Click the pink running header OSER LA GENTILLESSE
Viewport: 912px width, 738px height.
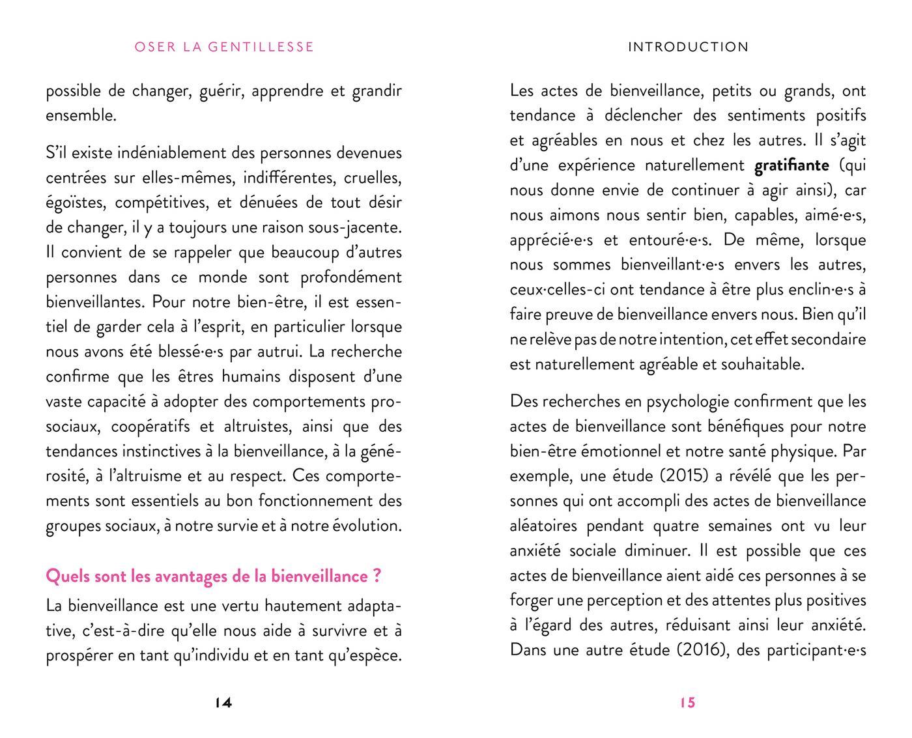224,47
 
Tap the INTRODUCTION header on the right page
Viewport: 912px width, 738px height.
688,47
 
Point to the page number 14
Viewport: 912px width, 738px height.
223,702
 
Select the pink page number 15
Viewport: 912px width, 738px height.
688,702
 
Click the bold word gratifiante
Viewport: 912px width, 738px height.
791,165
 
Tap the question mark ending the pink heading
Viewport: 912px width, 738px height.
377,576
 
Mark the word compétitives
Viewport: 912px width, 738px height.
162,203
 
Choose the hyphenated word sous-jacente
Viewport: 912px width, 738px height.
354,227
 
